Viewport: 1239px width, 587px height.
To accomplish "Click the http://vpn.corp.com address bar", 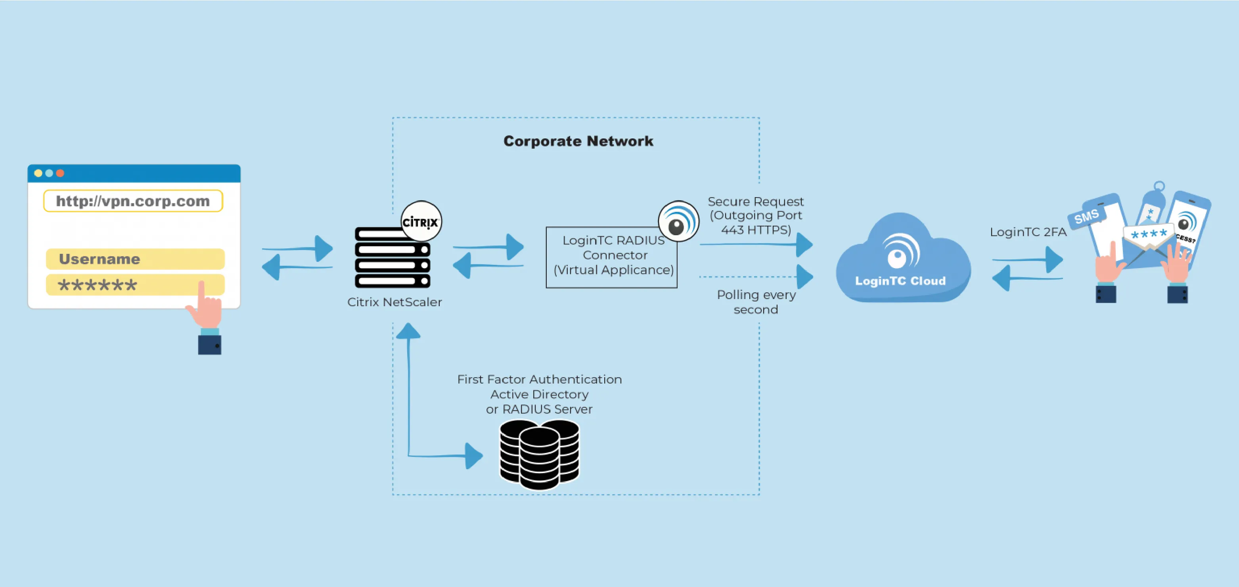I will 133,201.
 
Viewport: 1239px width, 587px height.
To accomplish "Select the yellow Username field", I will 135,259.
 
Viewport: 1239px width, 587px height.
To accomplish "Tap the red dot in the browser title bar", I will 60,173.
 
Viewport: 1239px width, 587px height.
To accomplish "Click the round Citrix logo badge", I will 421,222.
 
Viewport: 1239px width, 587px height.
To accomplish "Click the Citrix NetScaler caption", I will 394,302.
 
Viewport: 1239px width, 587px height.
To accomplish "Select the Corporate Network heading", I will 578,141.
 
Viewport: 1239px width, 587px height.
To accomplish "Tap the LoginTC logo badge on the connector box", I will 678,222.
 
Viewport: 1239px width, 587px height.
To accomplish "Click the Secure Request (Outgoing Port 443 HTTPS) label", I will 756,215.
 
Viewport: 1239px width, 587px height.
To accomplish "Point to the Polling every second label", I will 756,302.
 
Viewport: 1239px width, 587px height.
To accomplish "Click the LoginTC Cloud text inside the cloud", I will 900,281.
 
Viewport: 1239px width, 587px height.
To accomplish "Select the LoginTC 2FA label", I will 1028,232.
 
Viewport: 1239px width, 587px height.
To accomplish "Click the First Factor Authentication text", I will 539,379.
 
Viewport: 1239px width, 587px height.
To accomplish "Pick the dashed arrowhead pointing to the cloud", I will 805,277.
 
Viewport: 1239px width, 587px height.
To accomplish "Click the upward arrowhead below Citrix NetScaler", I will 408,331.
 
